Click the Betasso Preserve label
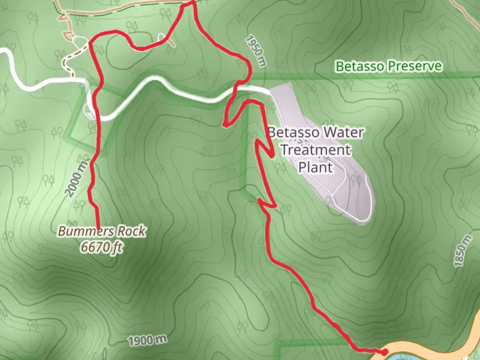click(x=389, y=66)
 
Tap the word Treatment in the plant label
click(x=315, y=150)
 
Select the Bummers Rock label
click(x=102, y=231)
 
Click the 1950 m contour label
click(x=256, y=51)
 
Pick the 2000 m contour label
click(x=77, y=178)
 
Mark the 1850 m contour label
click(x=463, y=251)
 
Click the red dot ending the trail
click(x=384, y=352)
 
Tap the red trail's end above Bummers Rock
click(x=99, y=227)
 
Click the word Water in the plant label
click(x=343, y=132)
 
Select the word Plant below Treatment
click(x=315, y=167)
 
